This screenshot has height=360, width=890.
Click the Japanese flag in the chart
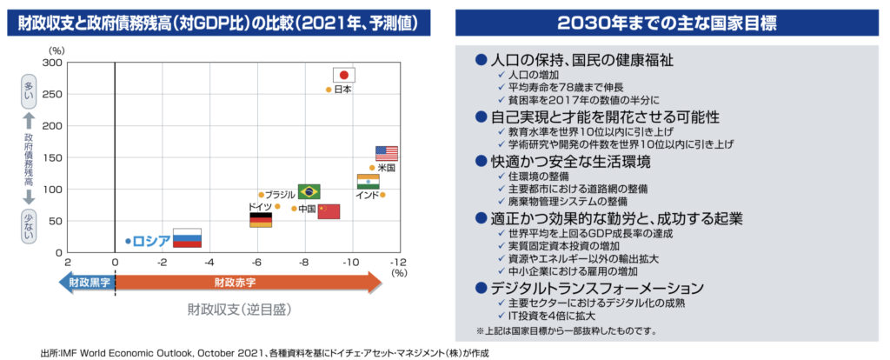(x=345, y=75)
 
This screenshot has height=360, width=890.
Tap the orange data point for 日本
(x=329, y=90)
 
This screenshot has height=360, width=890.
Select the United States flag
(x=387, y=153)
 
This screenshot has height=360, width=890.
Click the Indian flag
(x=368, y=181)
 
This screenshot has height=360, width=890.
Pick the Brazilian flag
(x=309, y=191)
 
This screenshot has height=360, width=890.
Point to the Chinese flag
(x=329, y=211)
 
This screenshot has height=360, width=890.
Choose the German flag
(x=261, y=220)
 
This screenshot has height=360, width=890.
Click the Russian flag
(x=187, y=237)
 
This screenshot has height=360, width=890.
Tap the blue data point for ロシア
(x=127, y=241)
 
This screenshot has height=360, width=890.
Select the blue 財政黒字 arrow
(x=85, y=282)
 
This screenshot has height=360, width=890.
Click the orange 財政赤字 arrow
(x=248, y=282)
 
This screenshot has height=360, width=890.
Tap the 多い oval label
(x=27, y=90)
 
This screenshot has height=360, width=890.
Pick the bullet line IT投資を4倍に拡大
(x=555, y=317)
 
